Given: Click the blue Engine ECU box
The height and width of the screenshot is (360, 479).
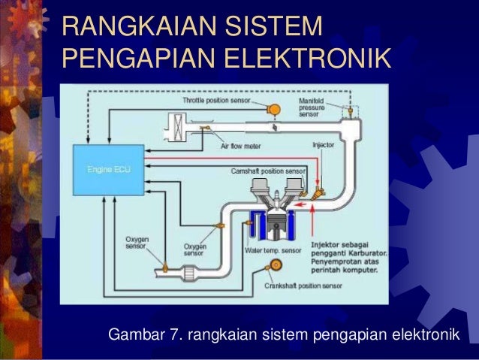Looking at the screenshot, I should (x=104, y=169).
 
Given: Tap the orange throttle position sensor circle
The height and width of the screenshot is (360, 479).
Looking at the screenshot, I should (x=274, y=108).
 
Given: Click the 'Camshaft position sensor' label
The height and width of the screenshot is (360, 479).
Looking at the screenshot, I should (x=268, y=171).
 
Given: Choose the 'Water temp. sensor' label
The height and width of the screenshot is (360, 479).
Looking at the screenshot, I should (x=273, y=250).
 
